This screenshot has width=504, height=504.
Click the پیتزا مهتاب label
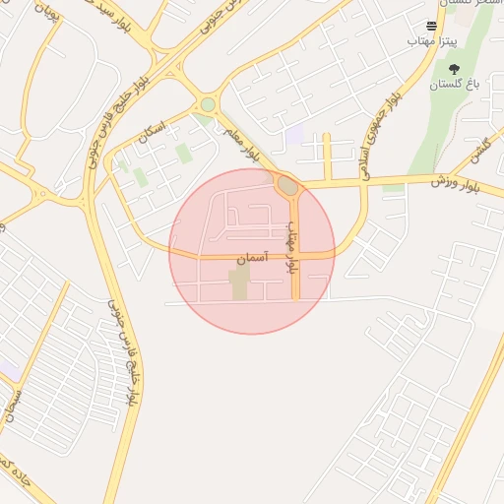431,42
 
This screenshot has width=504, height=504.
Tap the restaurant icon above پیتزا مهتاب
431,27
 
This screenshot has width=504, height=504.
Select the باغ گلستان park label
452,86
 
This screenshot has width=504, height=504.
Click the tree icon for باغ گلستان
453,69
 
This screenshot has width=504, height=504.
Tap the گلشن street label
479,151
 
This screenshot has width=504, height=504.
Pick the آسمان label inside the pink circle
251,259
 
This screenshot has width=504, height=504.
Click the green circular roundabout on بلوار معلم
208,104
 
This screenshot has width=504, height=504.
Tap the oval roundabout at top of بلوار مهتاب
287,185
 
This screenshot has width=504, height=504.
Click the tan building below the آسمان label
240,286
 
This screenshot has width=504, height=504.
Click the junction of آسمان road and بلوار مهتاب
294,256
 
